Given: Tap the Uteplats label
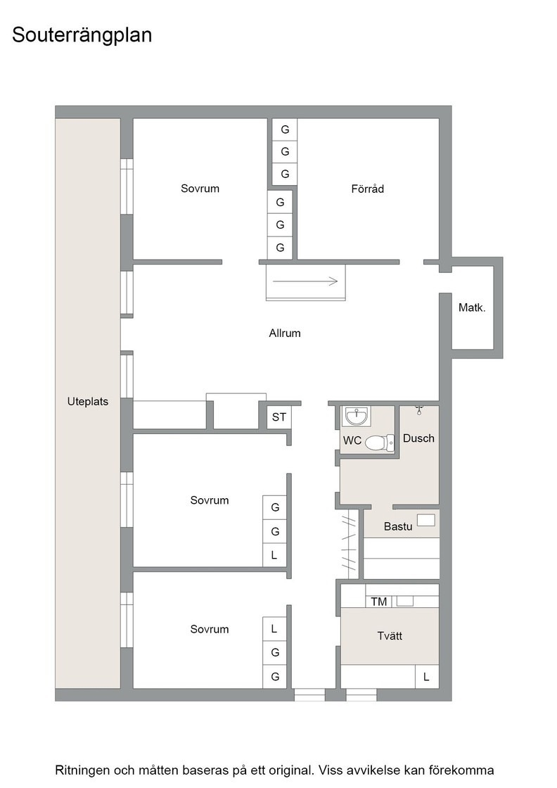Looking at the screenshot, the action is click(x=88, y=402).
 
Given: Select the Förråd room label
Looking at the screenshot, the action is click(x=368, y=189).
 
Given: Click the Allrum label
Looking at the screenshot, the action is click(x=285, y=333).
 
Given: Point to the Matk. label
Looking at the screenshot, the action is click(x=472, y=307).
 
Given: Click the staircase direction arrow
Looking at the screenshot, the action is click(x=305, y=281).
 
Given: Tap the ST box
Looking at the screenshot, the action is click(x=278, y=417).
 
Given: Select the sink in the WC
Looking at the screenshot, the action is click(x=357, y=416).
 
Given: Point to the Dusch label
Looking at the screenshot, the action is click(x=418, y=438).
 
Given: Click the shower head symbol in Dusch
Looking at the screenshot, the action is click(x=419, y=410).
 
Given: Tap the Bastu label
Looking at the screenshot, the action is click(x=398, y=527).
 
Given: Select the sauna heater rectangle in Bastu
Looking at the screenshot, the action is click(x=426, y=520).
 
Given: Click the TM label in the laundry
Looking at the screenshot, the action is click(x=378, y=602).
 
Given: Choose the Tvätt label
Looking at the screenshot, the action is click(x=390, y=636).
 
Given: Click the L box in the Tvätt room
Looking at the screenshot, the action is click(x=427, y=676).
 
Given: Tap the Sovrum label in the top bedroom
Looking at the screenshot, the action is click(x=200, y=189).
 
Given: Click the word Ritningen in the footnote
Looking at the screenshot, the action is click(x=82, y=770).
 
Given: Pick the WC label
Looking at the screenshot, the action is click(x=352, y=440).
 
